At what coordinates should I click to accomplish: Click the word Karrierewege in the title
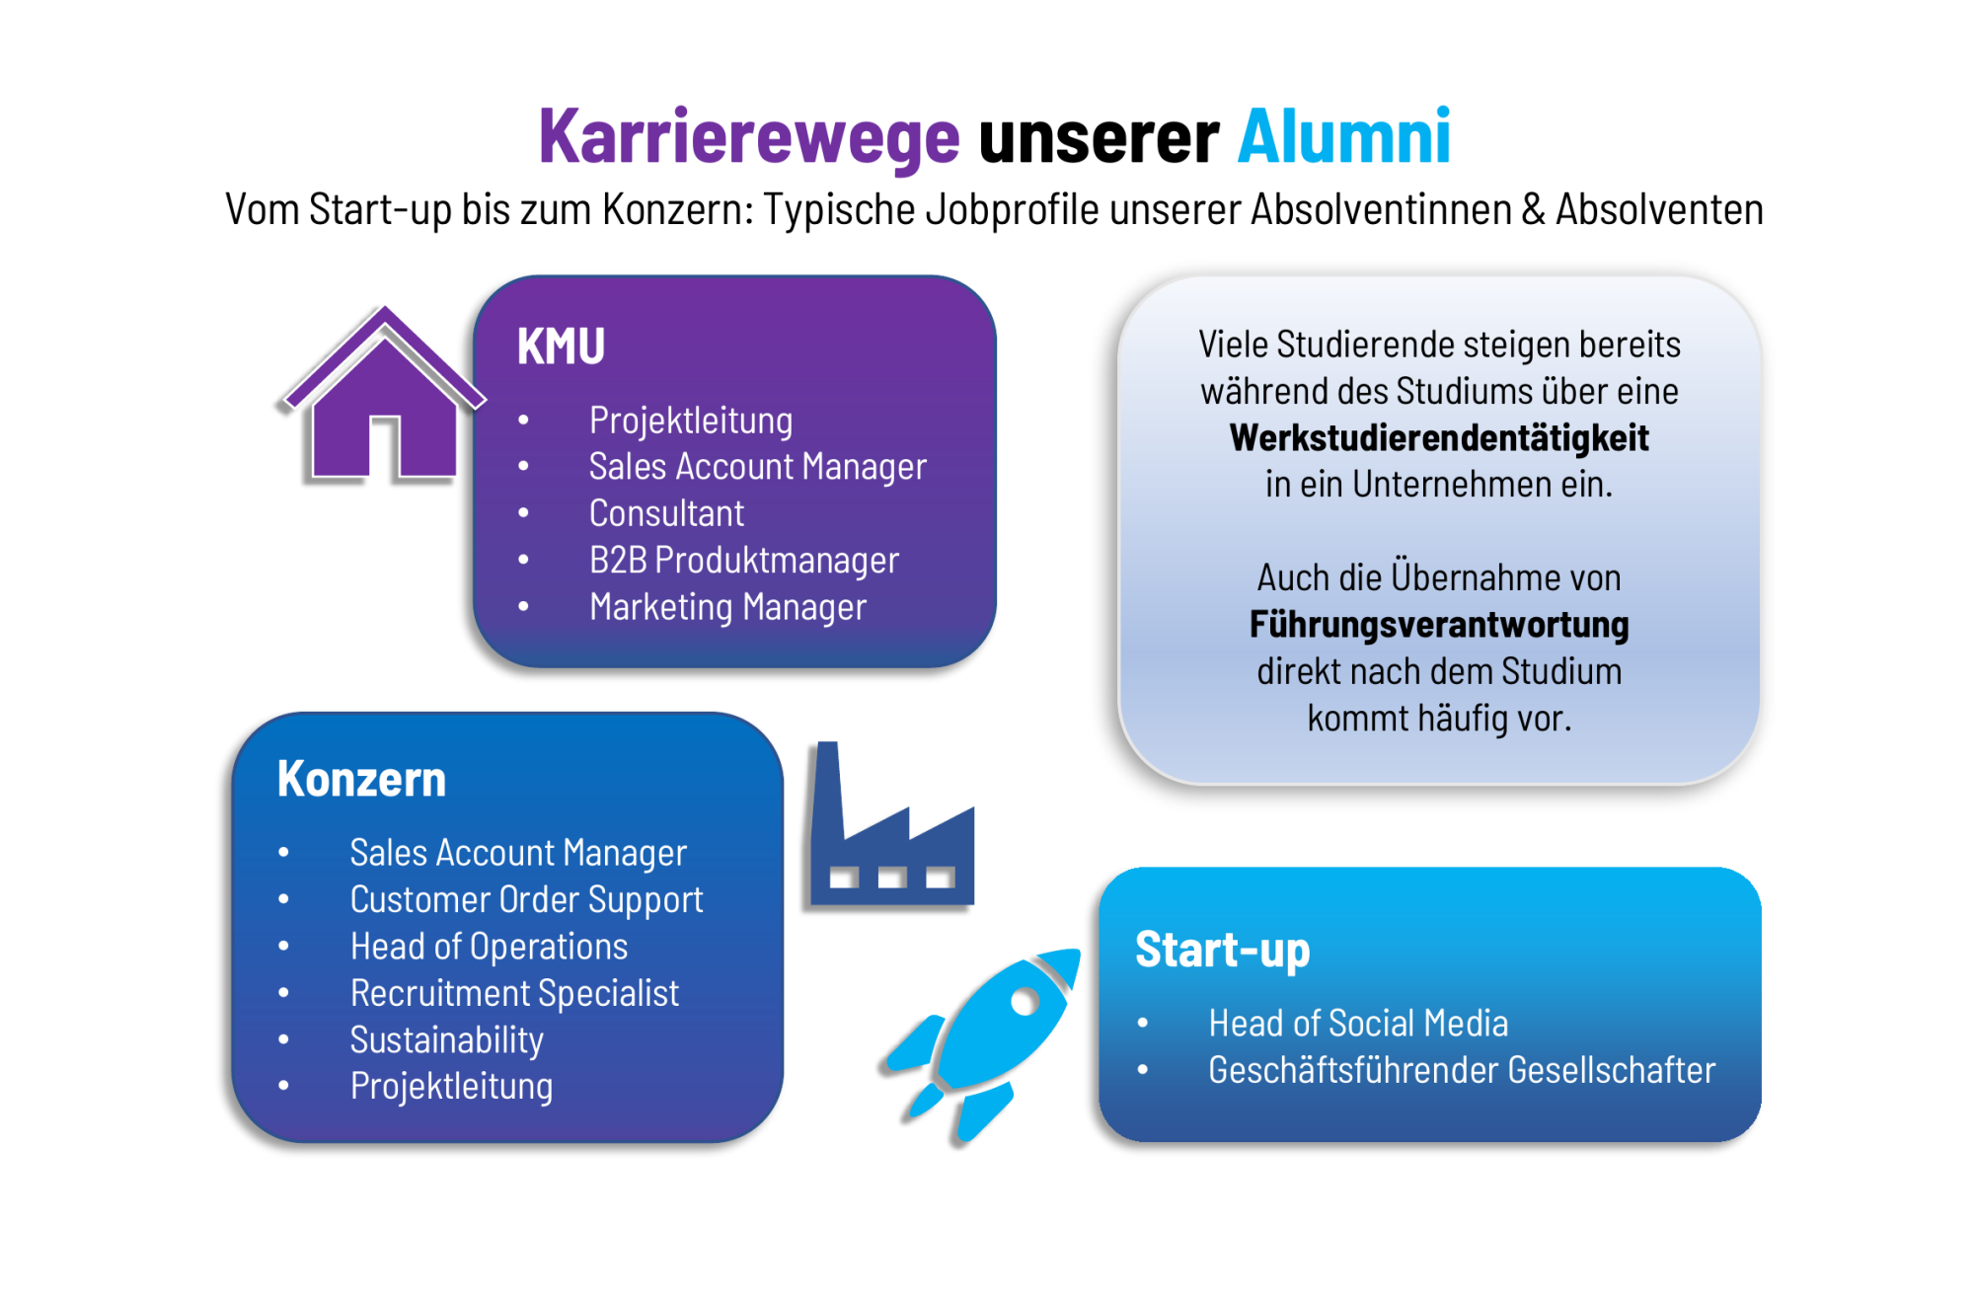coord(749,138)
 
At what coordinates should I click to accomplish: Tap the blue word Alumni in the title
coord(1344,136)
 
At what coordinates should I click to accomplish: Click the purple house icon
coord(383,396)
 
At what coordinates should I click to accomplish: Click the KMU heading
coord(561,346)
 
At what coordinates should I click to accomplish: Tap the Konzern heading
coord(361,779)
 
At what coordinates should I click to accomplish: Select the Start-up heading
coord(1222,950)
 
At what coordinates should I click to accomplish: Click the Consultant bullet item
coord(666,513)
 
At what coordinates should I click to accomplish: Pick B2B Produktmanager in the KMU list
coord(744,561)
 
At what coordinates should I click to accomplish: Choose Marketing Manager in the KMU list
coord(727,607)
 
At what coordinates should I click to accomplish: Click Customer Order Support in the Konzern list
coord(526,900)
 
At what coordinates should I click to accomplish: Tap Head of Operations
coord(489,947)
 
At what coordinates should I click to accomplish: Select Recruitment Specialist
coord(514,993)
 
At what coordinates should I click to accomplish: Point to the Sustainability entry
coord(446,1040)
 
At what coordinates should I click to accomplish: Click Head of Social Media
coord(1358,1024)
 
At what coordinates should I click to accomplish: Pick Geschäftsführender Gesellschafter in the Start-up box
coord(1462,1070)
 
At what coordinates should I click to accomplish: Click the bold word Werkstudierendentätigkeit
coord(1439,438)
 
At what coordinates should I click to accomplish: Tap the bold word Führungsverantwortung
coord(1439,625)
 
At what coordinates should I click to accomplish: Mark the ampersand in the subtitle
coord(1533,210)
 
